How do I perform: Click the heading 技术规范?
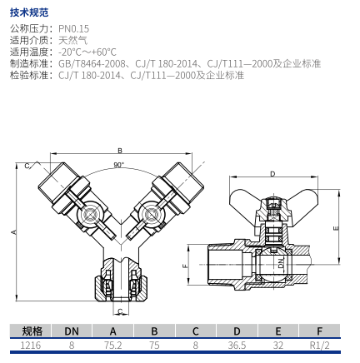coord(29,12)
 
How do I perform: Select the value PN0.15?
coord(73,28)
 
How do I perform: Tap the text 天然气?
coord(73,40)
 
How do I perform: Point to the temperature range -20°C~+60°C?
coord(87,52)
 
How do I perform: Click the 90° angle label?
coord(118,165)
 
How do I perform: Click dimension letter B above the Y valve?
coord(120,151)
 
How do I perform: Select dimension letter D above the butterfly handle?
coord(272,174)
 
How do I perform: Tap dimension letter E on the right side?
coord(336,228)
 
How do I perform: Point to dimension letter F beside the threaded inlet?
coord(186,266)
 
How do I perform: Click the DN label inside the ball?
coord(282,263)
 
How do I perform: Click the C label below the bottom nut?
coord(120,311)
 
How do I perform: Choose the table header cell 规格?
coord(32,331)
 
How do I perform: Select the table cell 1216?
coord(31,346)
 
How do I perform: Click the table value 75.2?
coord(113,346)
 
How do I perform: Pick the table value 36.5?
coord(237,346)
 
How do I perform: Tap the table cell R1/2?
coord(319,346)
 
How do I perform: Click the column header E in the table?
coord(278,331)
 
